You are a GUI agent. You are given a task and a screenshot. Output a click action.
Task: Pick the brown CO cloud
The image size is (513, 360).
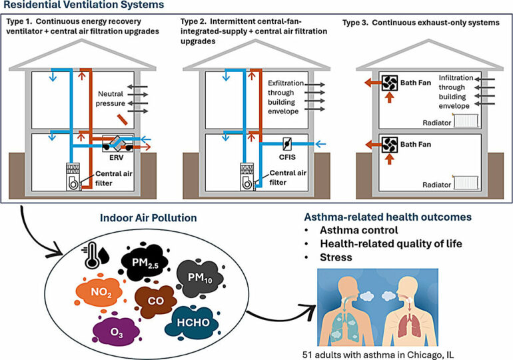pyautogui.click(x=152, y=299)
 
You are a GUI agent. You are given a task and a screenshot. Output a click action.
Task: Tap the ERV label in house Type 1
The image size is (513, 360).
pyautogui.click(x=117, y=161)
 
